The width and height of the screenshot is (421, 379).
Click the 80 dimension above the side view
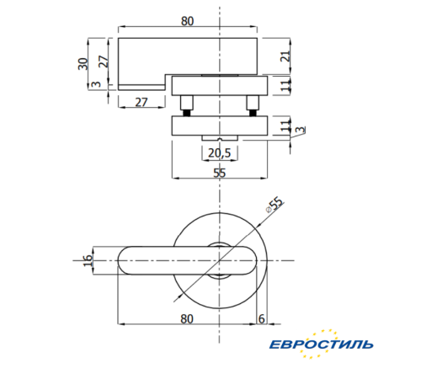(x=186, y=22)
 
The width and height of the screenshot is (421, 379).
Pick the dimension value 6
(x=262, y=318)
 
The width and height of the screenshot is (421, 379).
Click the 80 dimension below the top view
(x=186, y=318)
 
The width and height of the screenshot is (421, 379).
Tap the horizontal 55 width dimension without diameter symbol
(x=219, y=173)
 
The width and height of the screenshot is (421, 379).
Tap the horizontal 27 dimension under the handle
(x=141, y=102)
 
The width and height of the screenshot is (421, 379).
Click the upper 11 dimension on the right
(x=286, y=84)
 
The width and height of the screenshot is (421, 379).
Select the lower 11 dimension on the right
(x=286, y=125)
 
